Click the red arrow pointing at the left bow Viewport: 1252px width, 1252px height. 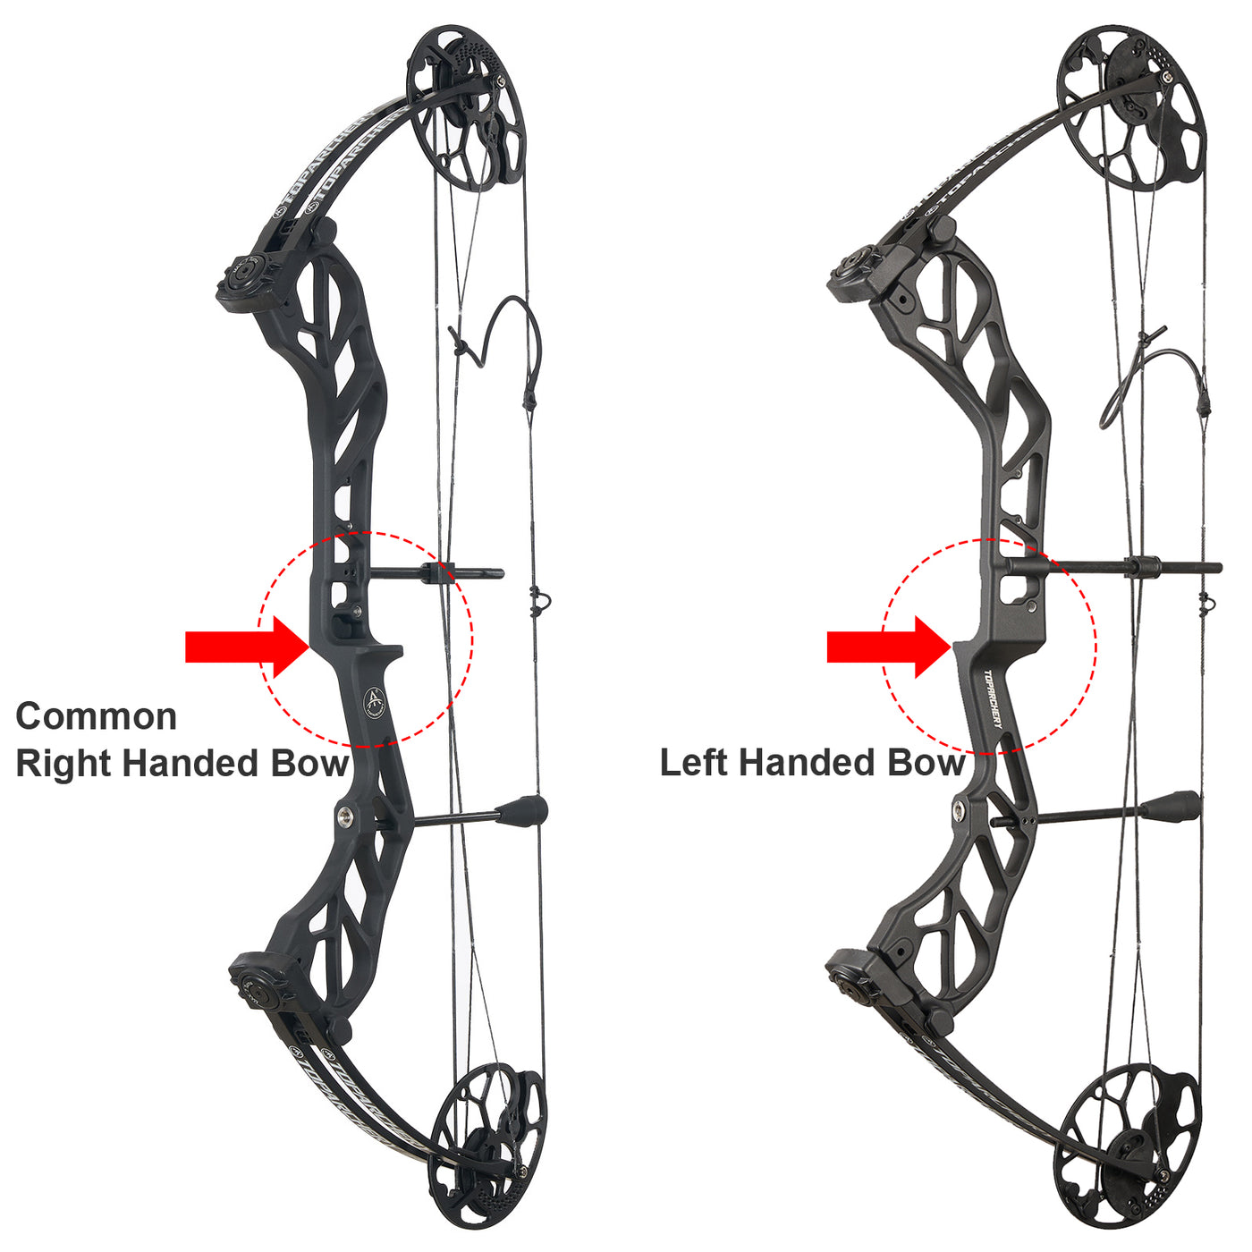pos(248,647)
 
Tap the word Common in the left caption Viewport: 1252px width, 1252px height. pos(97,716)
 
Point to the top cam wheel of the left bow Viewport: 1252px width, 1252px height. pos(464,108)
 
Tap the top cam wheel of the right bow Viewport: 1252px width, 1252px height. pos(1132,108)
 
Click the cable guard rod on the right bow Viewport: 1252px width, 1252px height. pos(1114,566)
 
